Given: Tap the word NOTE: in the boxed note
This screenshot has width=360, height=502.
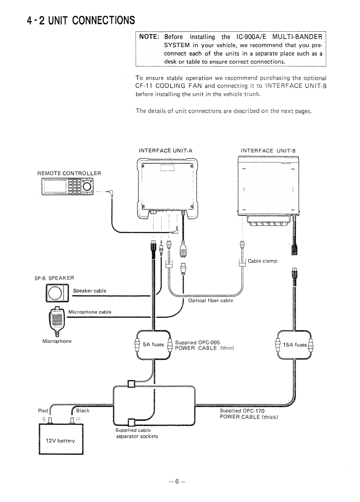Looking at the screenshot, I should pyautogui.click(x=150, y=37).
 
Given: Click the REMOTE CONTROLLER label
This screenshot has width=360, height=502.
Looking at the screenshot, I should pyautogui.click(x=69, y=173).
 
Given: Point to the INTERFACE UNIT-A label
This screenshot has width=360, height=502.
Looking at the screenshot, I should pyautogui.click(x=166, y=151).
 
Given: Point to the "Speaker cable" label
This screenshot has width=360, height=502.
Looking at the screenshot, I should pyautogui.click(x=90, y=291).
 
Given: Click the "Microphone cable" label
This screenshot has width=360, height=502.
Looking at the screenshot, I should pyautogui.click(x=90, y=312).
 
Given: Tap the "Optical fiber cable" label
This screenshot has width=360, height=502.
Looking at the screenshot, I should pyautogui.click(x=210, y=301).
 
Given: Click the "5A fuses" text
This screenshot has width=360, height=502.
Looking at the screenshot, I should pyautogui.click(x=153, y=345).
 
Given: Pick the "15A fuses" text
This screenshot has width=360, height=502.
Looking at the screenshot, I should pyautogui.click(x=295, y=345).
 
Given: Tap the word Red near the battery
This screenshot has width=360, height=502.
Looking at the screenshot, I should pyautogui.click(x=43, y=411).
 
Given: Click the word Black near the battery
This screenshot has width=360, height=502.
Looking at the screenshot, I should pyautogui.click(x=83, y=411).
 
